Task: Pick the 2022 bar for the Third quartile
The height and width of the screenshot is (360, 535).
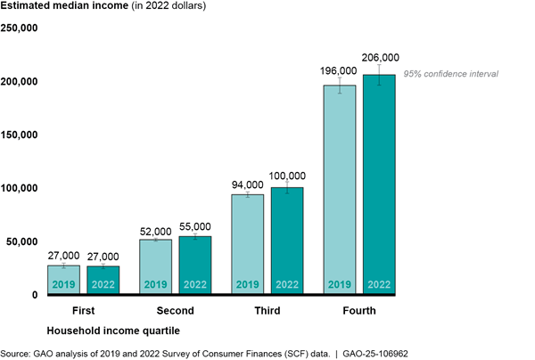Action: tap(287, 241)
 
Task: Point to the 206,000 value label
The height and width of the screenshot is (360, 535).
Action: tap(379, 57)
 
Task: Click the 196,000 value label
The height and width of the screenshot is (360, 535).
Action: tap(340, 70)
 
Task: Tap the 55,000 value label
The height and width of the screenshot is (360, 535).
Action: tap(195, 226)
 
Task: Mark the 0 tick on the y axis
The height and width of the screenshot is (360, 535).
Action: tap(33, 295)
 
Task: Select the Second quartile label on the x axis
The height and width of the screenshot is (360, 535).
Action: tap(176, 312)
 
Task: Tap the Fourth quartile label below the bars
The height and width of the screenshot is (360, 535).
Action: tap(359, 312)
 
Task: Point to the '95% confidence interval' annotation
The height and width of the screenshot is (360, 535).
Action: tap(451, 74)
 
